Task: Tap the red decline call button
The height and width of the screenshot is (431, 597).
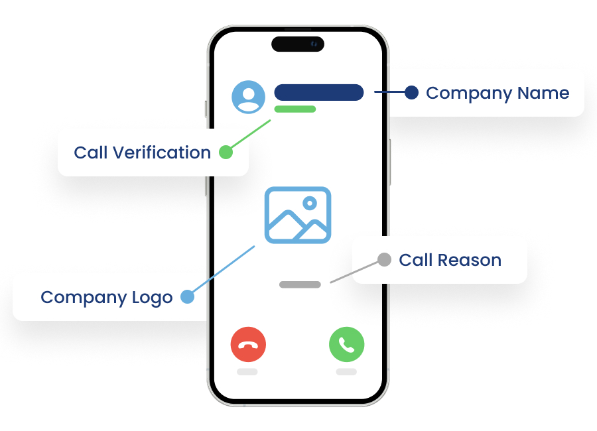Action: (248, 345)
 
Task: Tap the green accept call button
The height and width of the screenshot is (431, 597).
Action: (346, 345)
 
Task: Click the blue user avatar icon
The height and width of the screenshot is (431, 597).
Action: (249, 97)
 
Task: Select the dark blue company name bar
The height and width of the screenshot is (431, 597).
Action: (318, 93)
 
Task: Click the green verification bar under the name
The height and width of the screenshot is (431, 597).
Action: (295, 109)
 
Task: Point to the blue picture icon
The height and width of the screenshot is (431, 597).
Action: (298, 215)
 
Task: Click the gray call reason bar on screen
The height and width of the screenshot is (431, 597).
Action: (300, 284)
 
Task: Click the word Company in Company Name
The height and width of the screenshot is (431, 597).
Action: (462, 93)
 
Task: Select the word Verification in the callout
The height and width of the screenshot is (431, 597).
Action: (161, 153)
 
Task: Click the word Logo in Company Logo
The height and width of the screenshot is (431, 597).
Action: (152, 297)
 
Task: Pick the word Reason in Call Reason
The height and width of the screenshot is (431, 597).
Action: (476, 260)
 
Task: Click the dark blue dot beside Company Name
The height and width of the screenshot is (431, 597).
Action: (411, 92)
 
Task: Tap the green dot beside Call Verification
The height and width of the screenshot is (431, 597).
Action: (226, 152)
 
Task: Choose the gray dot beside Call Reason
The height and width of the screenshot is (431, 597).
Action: (384, 259)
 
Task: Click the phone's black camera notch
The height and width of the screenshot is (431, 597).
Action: (298, 44)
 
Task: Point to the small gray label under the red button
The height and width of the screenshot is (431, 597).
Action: (247, 372)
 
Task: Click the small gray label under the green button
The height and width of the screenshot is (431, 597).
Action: (346, 372)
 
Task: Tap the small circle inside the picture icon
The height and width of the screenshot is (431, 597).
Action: (308, 203)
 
